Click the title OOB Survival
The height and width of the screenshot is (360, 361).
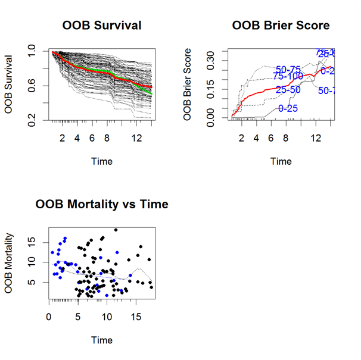102,26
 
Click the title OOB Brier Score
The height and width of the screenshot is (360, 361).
281,26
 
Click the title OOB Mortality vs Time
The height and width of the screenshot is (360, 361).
102,205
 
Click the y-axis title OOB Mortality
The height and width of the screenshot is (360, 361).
10,262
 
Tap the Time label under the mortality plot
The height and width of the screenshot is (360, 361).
102,340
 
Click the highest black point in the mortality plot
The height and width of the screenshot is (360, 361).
116,230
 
